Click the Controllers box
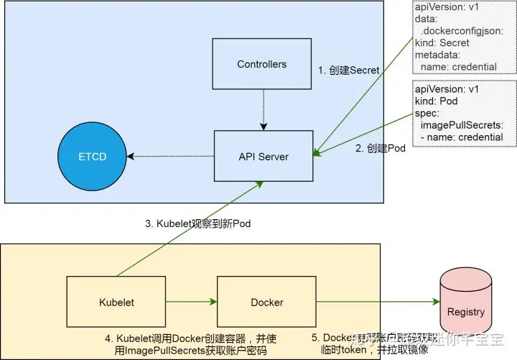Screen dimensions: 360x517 (x=262, y=64)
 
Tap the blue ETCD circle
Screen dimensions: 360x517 (x=92, y=157)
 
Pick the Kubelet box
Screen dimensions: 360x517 (x=117, y=303)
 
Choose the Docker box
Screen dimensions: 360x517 (x=266, y=303)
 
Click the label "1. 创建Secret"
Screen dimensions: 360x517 (x=349, y=70)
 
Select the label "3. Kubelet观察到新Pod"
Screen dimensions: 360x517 (x=197, y=223)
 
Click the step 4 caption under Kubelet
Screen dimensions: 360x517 (x=192, y=343)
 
